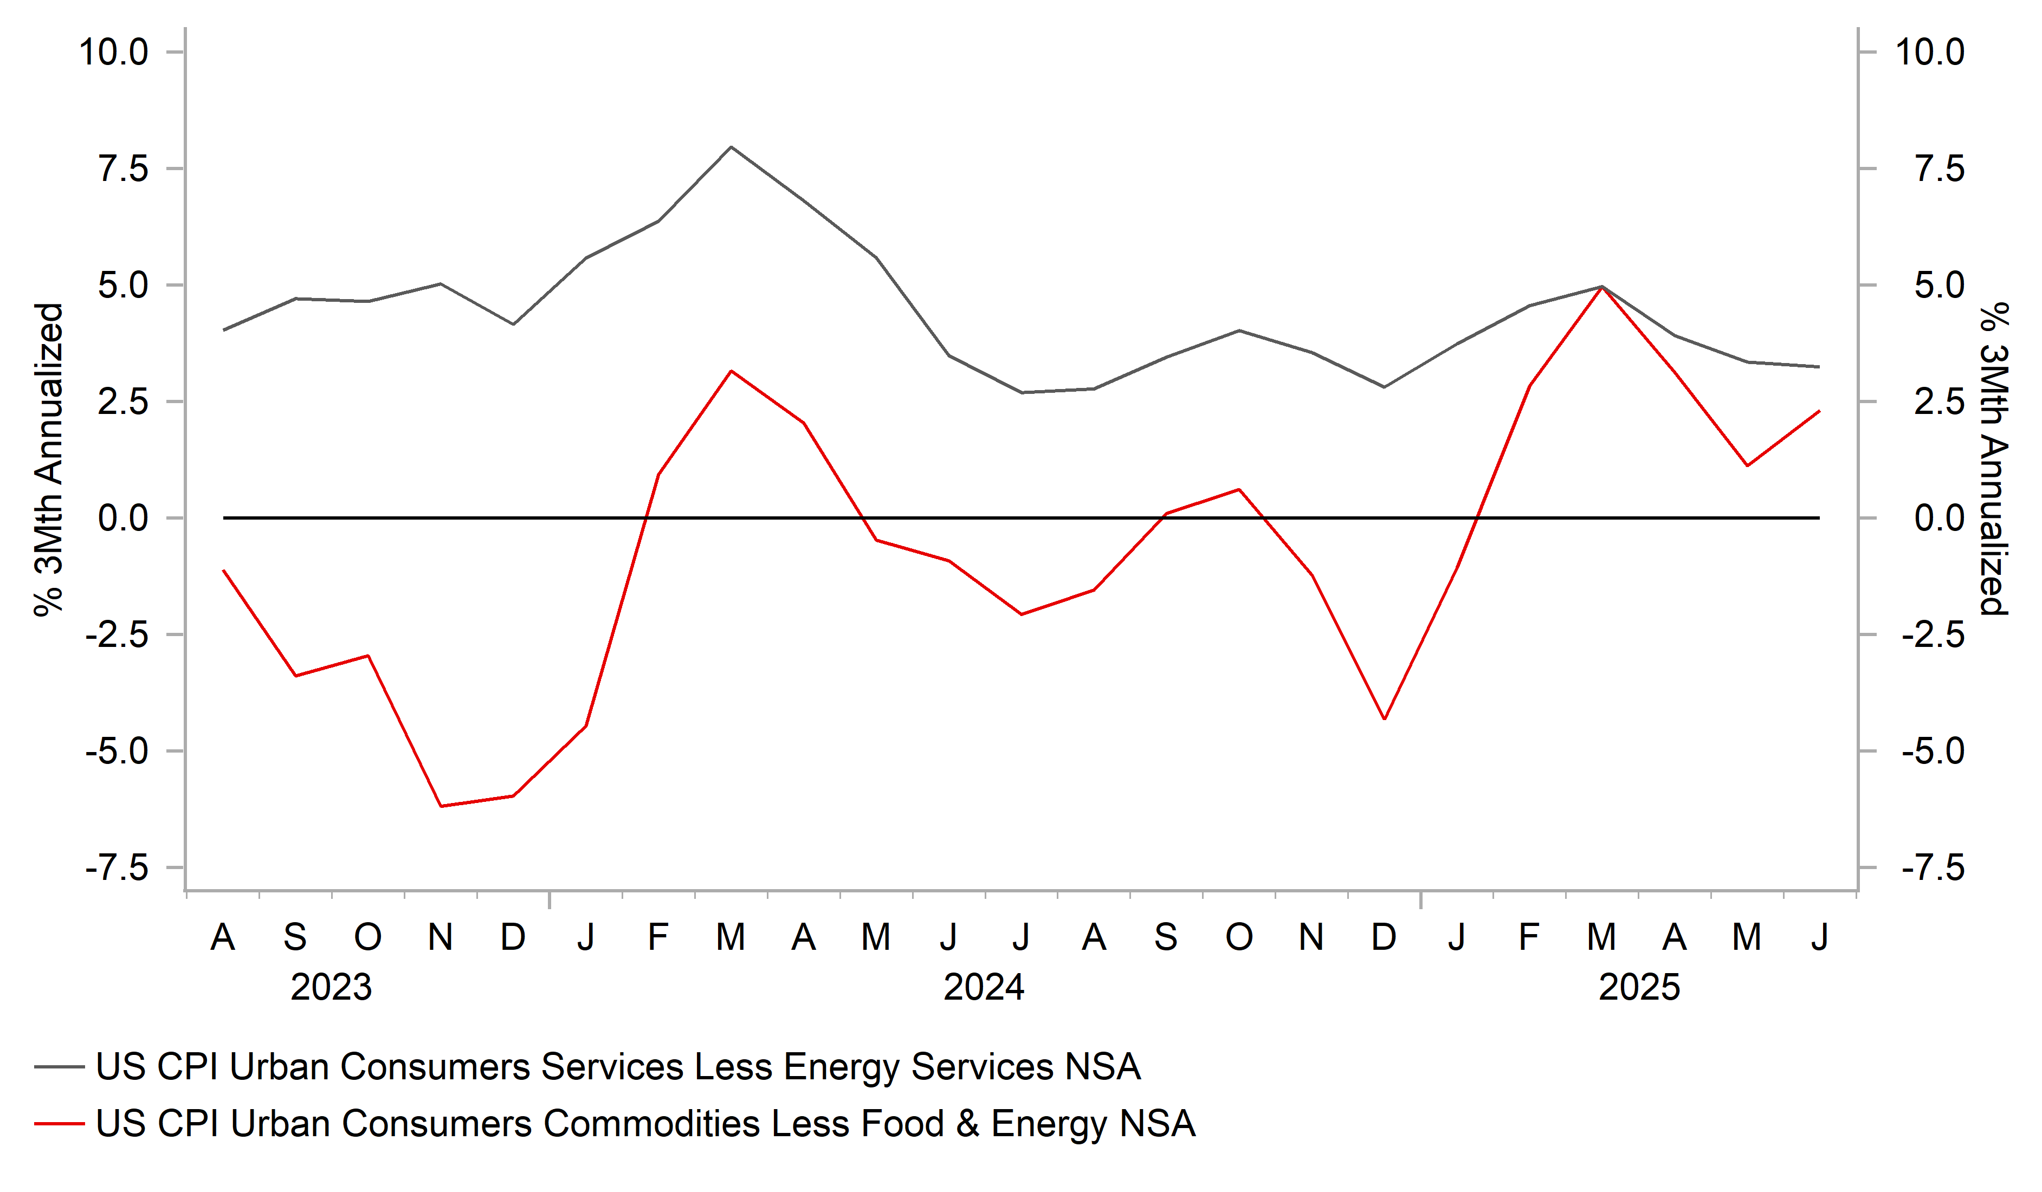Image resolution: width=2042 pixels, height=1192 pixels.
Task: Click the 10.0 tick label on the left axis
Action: point(113,53)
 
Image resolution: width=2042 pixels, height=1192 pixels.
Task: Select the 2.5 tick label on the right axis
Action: point(1939,402)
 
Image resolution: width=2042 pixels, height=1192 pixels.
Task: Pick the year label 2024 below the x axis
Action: point(984,987)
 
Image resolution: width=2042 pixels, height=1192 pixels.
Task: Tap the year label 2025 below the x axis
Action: point(1638,987)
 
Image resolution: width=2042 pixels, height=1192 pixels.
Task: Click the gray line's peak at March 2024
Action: point(731,147)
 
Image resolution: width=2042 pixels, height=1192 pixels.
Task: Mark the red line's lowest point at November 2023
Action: point(440,806)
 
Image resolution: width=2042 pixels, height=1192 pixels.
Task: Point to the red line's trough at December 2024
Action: point(1384,719)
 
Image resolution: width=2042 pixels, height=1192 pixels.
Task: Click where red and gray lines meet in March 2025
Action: point(1602,287)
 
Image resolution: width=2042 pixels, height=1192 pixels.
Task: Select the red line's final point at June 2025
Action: point(1820,411)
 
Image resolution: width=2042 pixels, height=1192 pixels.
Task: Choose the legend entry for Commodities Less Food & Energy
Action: point(645,1124)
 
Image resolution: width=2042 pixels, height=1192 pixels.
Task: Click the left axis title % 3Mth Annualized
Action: point(49,459)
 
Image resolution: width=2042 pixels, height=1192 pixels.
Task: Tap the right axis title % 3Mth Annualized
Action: point(1994,459)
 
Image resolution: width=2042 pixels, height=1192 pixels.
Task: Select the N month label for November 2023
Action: point(440,937)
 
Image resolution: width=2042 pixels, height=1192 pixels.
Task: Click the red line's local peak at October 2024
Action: point(1239,489)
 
